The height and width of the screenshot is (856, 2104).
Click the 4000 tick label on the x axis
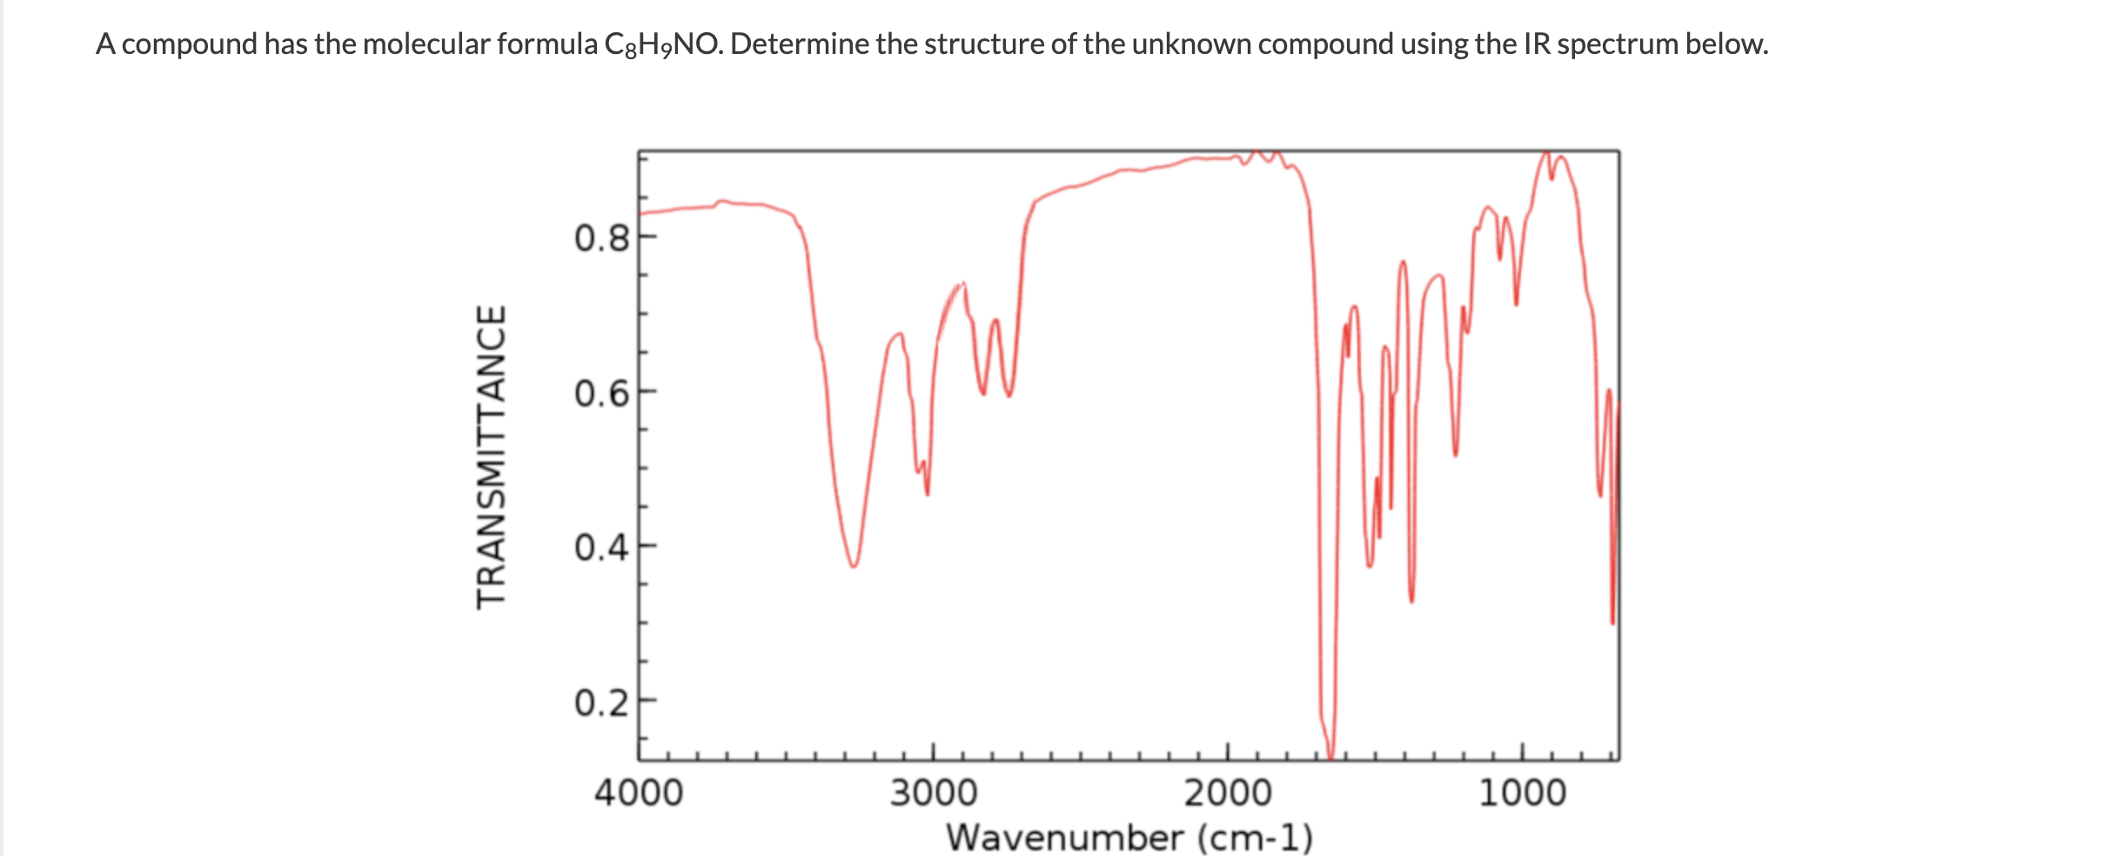(x=639, y=792)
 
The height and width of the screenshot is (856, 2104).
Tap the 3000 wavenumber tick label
(x=933, y=792)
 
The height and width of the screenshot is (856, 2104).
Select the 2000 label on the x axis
(x=1227, y=792)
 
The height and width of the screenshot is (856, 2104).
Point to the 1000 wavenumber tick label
(x=1522, y=792)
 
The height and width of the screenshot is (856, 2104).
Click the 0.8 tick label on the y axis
(x=600, y=237)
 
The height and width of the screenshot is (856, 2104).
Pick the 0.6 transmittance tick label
(x=600, y=393)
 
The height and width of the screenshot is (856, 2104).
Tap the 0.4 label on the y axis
(x=600, y=548)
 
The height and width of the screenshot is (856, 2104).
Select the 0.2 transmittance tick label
(x=600, y=702)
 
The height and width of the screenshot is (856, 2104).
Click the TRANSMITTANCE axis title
(x=492, y=457)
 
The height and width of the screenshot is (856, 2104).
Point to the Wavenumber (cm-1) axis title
(x=1129, y=837)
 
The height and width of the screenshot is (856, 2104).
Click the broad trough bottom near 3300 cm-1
(x=854, y=565)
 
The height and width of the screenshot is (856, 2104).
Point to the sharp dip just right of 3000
(x=927, y=492)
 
